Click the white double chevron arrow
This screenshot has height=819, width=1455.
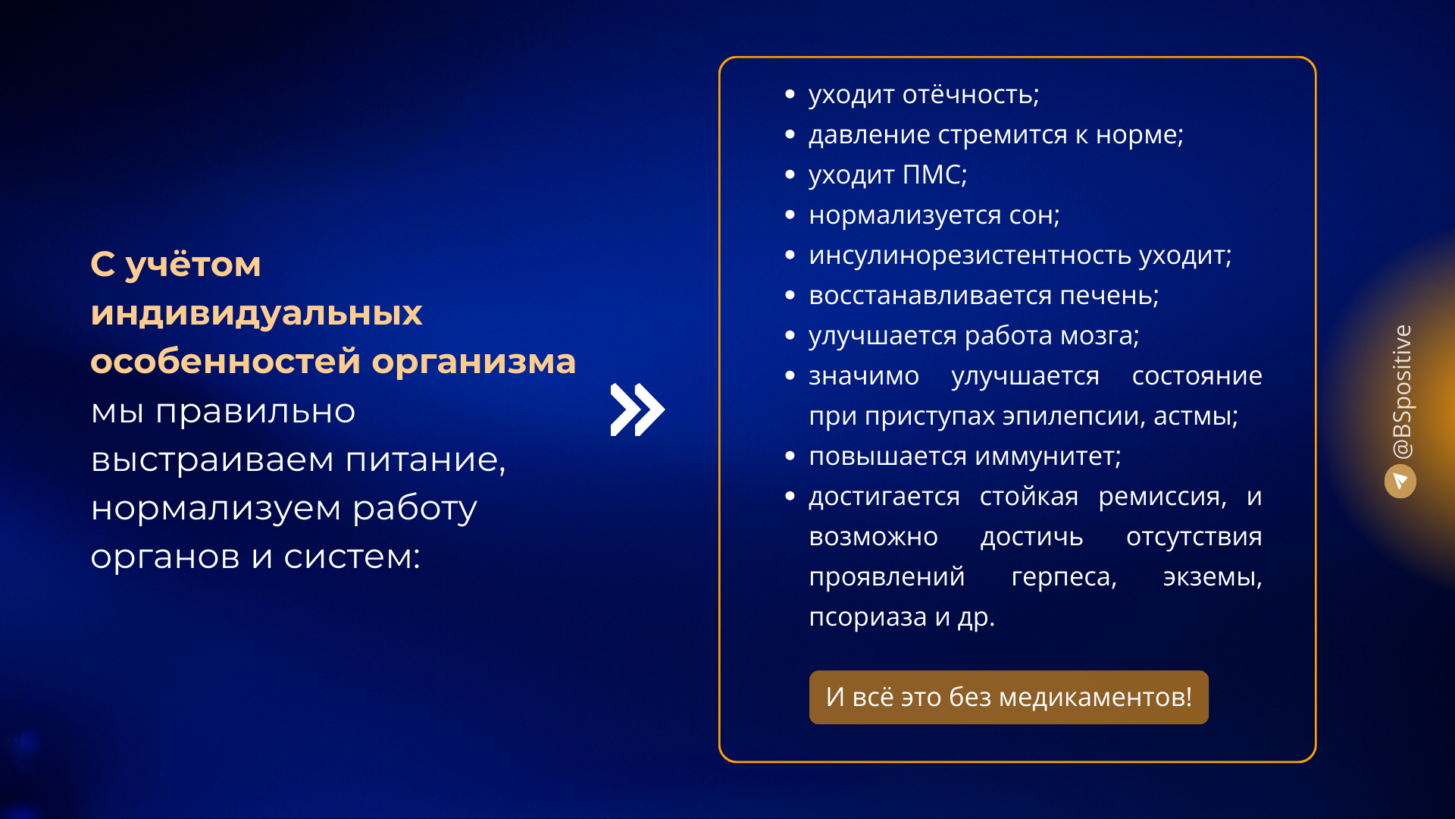(x=637, y=409)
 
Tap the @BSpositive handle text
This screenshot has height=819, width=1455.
(x=1403, y=391)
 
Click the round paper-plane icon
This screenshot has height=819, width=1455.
(x=1400, y=482)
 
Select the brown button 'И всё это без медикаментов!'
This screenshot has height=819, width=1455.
(x=1009, y=697)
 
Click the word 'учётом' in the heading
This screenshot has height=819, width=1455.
(x=193, y=265)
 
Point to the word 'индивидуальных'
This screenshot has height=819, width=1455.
(x=256, y=313)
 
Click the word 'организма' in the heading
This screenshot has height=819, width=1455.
(x=474, y=362)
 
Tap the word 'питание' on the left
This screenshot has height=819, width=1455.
(x=425, y=460)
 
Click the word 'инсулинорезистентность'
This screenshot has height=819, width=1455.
(x=970, y=256)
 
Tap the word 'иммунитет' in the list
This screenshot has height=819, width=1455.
(x=1047, y=457)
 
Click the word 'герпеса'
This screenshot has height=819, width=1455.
(x=1064, y=577)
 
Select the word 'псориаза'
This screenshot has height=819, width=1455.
(x=868, y=617)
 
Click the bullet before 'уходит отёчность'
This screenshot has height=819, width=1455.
(x=790, y=95)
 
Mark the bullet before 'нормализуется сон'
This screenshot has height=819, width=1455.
(x=790, y=215)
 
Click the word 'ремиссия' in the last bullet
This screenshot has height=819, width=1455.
(x=1162, y=497)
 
